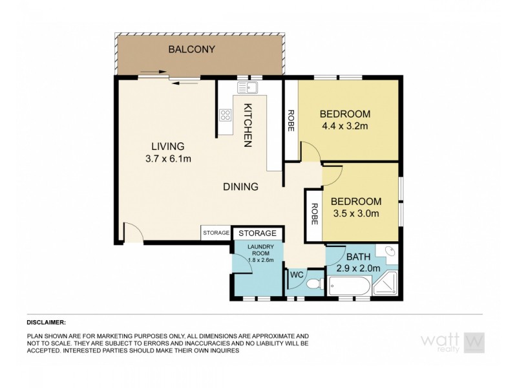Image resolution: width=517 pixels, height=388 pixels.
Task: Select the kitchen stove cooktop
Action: coord(226,116)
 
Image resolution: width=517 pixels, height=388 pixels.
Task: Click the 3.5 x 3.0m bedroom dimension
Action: coord(355,213)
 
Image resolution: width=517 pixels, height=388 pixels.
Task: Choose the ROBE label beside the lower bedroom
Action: coord(313,214)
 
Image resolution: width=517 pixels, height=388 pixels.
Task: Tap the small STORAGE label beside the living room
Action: coord(215,233)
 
